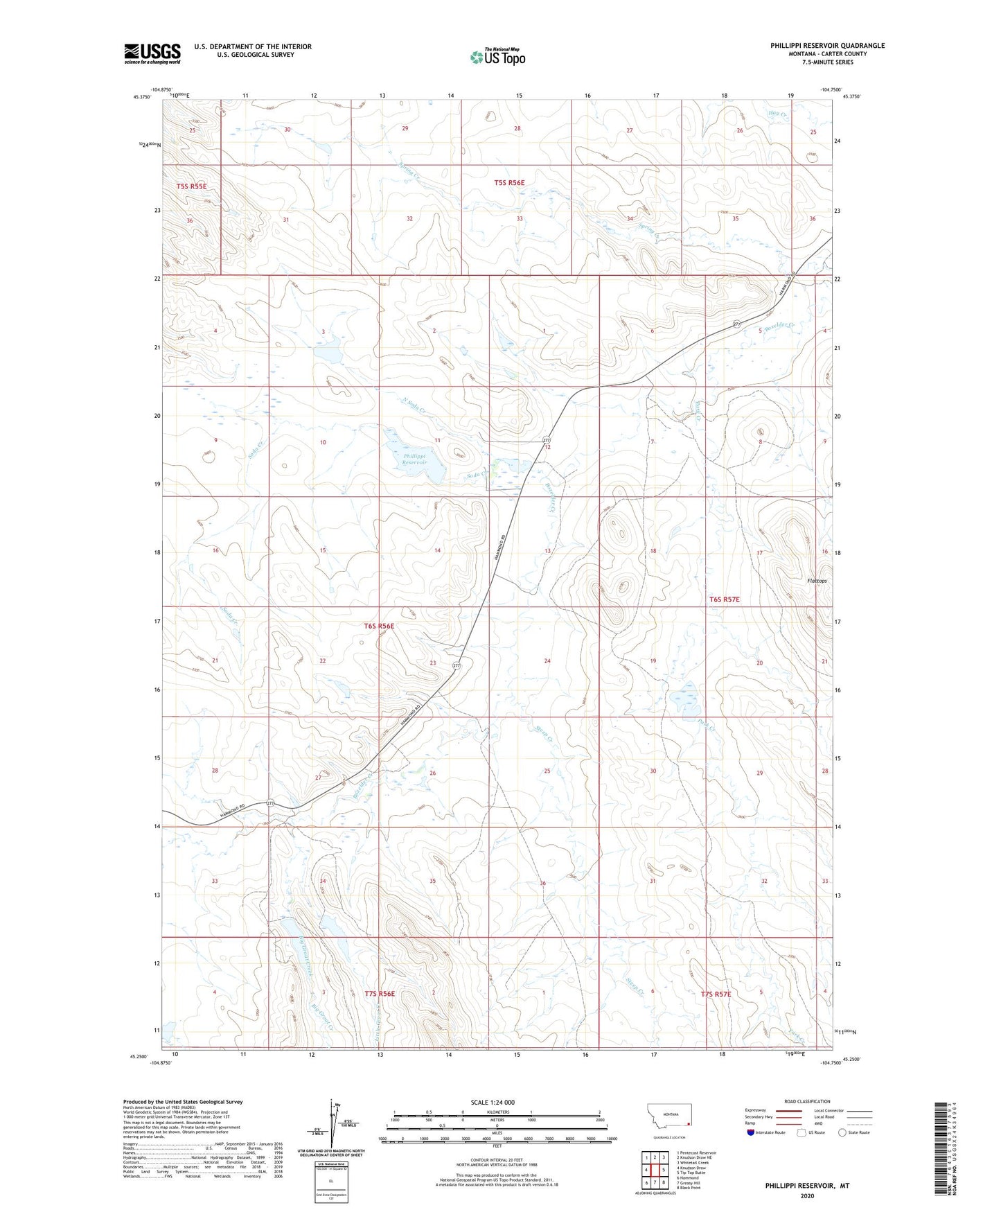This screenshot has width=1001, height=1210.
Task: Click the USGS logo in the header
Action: (x=152, y=53)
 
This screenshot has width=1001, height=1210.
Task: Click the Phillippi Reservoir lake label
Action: (x=416, y=459)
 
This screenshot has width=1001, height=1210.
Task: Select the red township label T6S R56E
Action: (x=378, y=626)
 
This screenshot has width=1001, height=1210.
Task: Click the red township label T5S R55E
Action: (x=191, y=186)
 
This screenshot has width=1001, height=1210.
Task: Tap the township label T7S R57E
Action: (x=716, y=994)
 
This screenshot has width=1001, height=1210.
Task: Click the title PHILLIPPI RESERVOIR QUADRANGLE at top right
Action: (x=827, y=46)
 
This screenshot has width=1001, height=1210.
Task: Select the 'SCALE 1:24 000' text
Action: (x=492, y=1103)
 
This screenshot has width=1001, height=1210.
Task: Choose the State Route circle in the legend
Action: (x=842, y=1133)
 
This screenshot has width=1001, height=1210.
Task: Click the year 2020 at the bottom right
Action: (x=806, y=1195)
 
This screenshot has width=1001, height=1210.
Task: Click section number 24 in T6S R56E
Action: (x=547, y=661)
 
